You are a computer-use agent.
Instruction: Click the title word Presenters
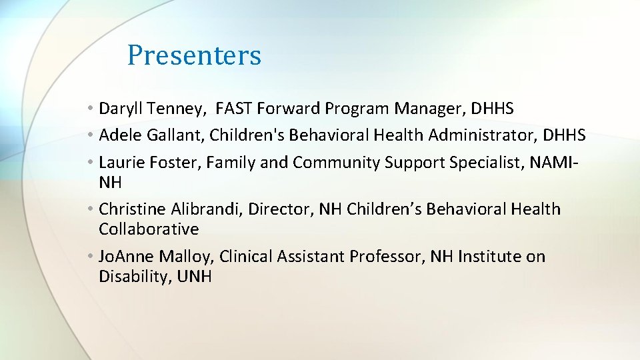(x=194, y=55)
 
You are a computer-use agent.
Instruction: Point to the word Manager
(x=426, y=108)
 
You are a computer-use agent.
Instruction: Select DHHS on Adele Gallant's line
(x=564, y=135)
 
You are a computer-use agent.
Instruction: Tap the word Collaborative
(x=149, y=229)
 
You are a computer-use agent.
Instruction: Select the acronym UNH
(x=194, y=277)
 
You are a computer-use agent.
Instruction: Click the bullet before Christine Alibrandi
(x=90, y=209)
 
